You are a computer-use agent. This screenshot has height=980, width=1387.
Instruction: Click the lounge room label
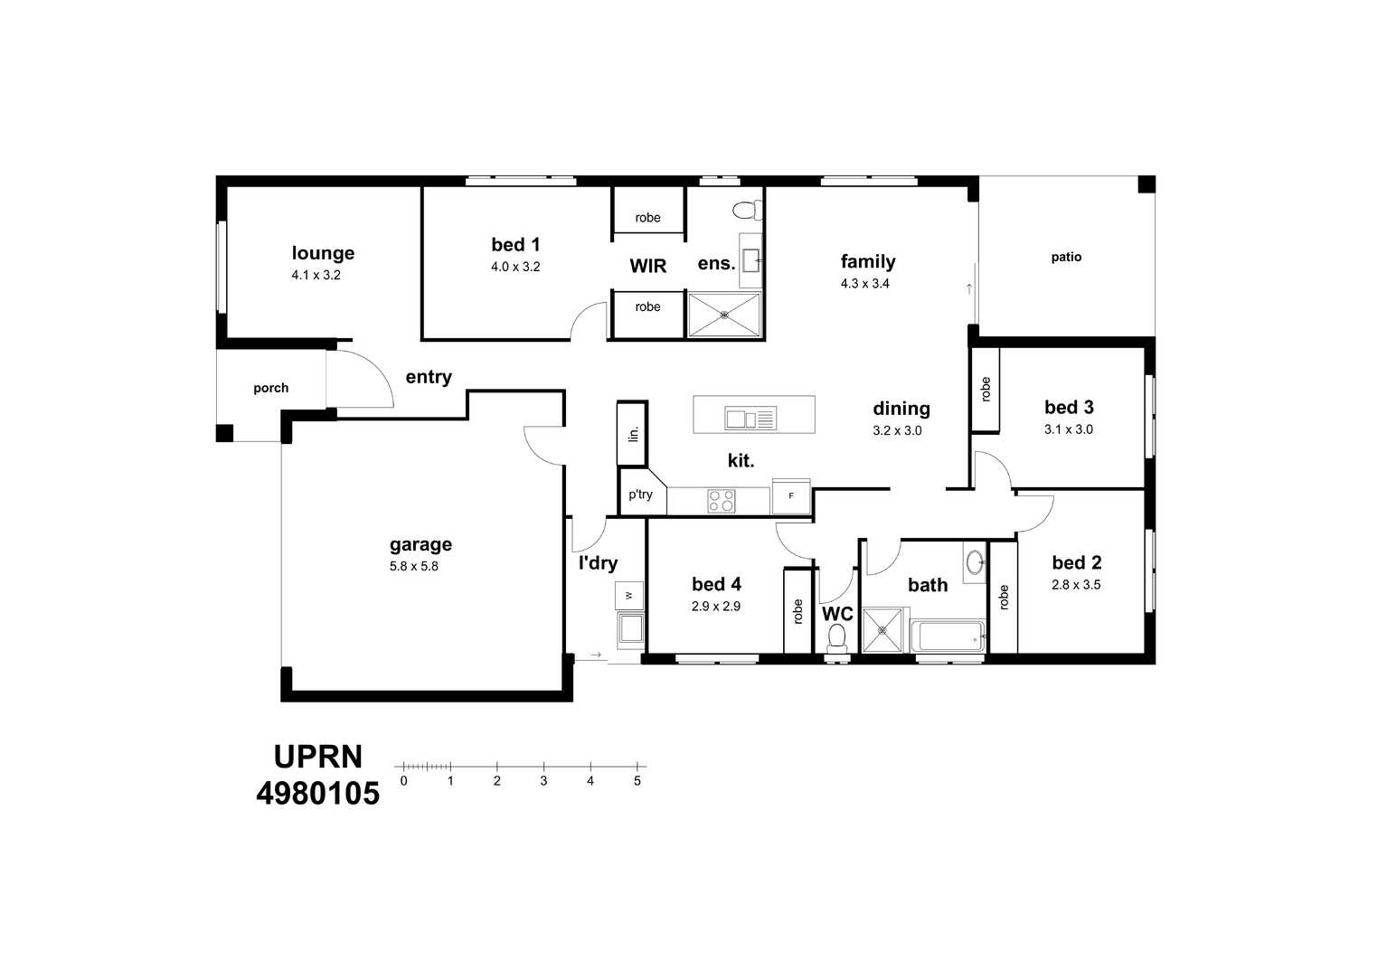323,253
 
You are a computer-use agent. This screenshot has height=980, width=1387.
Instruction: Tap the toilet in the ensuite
748,211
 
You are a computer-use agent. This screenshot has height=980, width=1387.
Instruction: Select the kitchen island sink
750,419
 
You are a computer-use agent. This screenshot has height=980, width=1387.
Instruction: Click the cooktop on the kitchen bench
722,501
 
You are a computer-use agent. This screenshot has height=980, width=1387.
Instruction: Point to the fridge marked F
791,496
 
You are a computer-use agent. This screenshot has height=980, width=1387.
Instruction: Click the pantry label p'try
640,495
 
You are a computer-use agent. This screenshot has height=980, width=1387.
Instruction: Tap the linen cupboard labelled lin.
632,434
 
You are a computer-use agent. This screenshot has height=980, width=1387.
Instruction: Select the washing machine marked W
629,596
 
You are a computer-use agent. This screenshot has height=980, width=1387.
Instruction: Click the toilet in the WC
836,637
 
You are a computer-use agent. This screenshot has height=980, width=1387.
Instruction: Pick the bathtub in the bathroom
948,636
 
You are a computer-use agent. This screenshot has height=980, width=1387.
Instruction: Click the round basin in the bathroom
975,562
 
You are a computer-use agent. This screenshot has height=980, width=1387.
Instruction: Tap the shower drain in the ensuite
724,316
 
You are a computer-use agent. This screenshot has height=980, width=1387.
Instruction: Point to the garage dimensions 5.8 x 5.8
413,566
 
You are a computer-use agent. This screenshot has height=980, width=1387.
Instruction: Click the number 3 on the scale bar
543,781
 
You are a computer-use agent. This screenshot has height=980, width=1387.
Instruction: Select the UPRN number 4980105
317,794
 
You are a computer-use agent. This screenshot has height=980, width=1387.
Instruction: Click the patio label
1066,257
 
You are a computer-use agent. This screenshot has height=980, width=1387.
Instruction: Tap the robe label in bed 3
986,390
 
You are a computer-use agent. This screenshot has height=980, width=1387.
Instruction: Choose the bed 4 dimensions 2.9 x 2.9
716,606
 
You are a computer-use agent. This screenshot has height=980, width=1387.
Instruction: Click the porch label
270,388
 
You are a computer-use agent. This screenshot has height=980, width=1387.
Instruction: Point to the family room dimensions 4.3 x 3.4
865,284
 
